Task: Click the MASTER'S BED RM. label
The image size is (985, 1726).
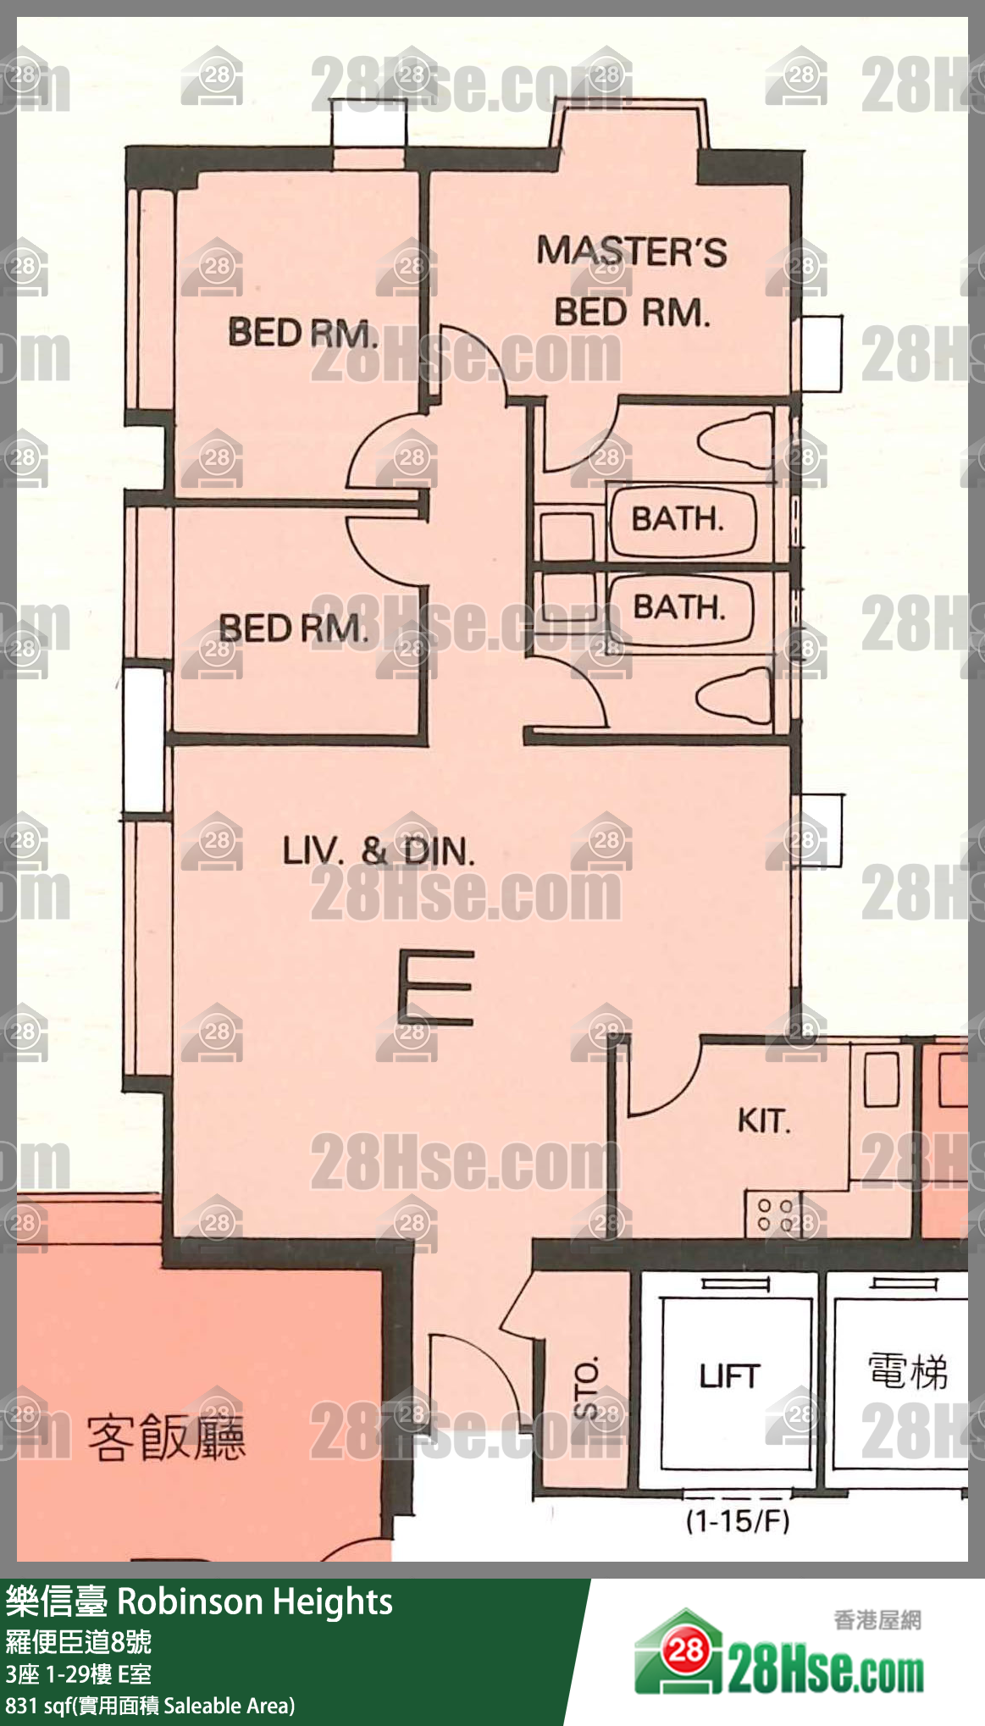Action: coord(632,282)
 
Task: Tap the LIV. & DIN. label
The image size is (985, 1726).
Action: coord(379,850)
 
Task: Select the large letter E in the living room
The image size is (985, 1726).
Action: coord(435,987)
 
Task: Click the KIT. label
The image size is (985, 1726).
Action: coord(764,1120)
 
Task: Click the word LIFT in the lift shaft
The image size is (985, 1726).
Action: coord(730,1376)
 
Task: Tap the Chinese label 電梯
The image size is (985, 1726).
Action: coord(907,1371)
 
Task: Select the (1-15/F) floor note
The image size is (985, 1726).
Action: coord(737,1522)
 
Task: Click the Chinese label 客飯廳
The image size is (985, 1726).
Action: coord(166,1437)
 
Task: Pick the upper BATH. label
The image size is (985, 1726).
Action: coord(678,518)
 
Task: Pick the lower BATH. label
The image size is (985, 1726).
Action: coord(679,607)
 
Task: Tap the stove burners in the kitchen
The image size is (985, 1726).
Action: coord(775,1214)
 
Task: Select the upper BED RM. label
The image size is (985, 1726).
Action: coord(302,332)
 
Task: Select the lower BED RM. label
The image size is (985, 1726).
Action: coord(294,628)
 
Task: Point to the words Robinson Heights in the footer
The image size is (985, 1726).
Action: coord(254,1602)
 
